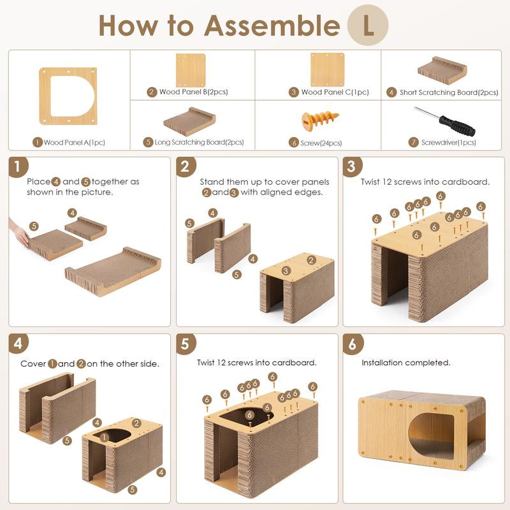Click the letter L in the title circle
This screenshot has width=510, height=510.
(368, 25)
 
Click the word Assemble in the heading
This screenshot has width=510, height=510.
(272, 25)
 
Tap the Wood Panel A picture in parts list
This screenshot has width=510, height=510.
(68, 96)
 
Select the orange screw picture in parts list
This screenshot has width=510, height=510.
(320, 120)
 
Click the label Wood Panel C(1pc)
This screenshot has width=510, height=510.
(335, 92)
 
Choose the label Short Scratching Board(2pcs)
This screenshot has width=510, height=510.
(449, 92)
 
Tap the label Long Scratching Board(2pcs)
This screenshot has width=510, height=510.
(199, 142)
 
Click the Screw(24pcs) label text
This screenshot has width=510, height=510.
(321, 143)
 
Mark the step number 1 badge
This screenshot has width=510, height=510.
(18, 167)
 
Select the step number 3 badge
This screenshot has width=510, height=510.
(353, 167)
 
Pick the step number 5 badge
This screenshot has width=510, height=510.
(186, 344)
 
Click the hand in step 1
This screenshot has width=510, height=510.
(20, 233)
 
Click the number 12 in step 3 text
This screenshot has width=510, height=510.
(386, 182)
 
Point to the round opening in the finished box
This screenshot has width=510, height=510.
(432, 437)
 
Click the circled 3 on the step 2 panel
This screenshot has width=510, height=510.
(286, 270)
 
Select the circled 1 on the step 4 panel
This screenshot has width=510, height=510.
(104, 437)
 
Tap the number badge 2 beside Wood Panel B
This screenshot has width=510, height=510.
(152, 92)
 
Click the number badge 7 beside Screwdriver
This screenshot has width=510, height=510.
(413, 142)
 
